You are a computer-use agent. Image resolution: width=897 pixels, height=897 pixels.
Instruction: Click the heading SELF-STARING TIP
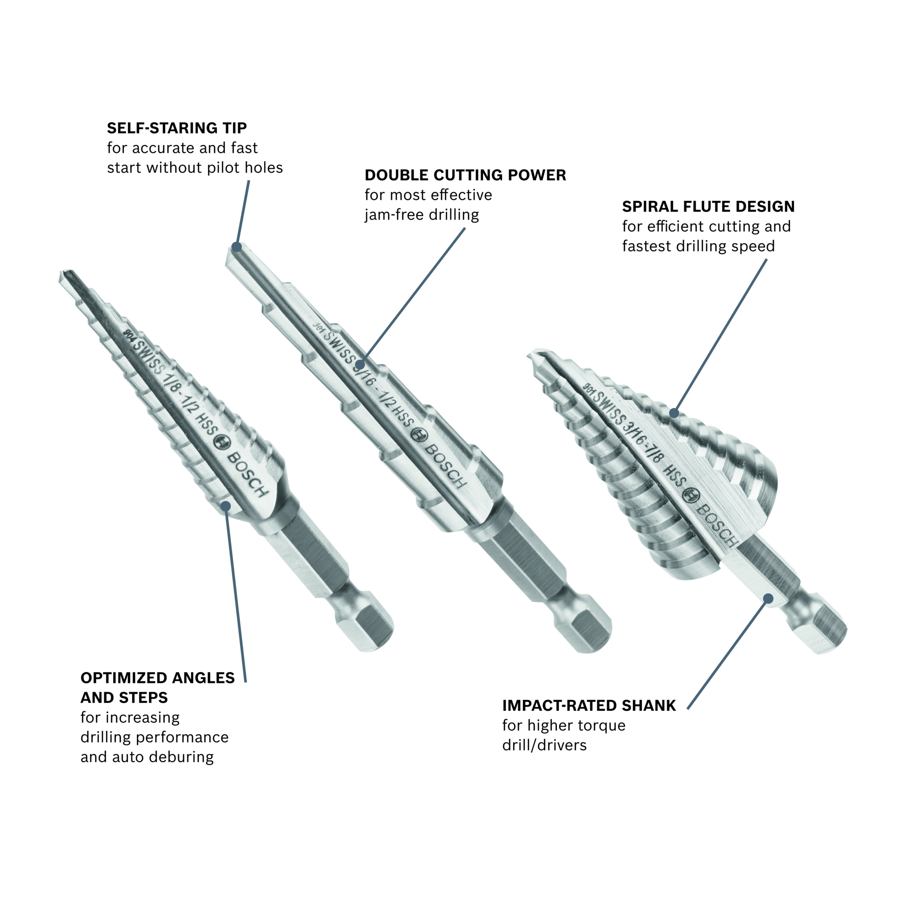click(177, 128)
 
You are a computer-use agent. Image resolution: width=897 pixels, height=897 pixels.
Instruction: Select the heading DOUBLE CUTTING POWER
click(465, 175)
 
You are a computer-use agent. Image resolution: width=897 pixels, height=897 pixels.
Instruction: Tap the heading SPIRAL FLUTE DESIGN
click(709, 206)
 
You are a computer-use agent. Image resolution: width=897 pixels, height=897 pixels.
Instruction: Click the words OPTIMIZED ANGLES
click(157, 678)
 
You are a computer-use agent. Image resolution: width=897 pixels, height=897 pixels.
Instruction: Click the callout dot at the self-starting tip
click(237, 247)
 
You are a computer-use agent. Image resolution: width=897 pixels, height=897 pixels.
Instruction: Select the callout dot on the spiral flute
click(674, 413)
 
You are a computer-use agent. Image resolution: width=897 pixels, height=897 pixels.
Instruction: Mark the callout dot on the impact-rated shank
click(768, 598)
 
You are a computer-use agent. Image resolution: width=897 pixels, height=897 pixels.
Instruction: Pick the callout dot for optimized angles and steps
click(226, 505)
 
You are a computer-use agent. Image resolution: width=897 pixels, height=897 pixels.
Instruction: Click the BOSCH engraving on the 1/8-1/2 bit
click(248, 474)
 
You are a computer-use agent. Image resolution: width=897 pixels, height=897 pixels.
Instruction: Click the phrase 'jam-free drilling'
click(422, 214)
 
